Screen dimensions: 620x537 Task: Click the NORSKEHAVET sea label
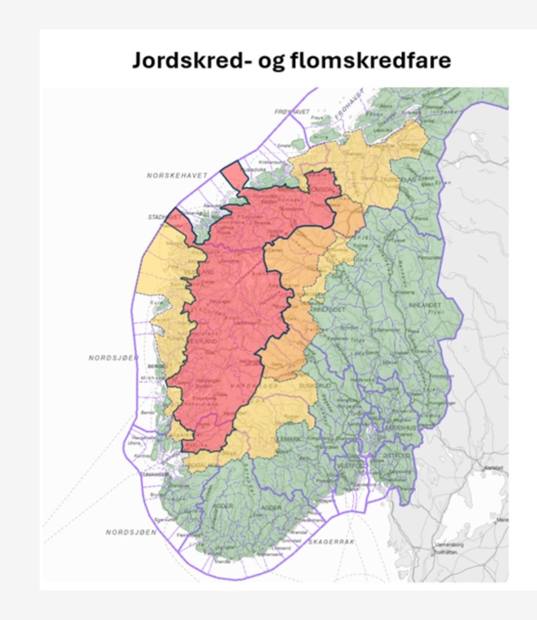(x=177, y=175)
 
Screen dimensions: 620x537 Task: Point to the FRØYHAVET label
(x=292, y=112)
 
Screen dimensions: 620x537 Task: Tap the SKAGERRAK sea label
(x=331, y=542)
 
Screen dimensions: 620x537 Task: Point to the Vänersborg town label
(x=449, y=545)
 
